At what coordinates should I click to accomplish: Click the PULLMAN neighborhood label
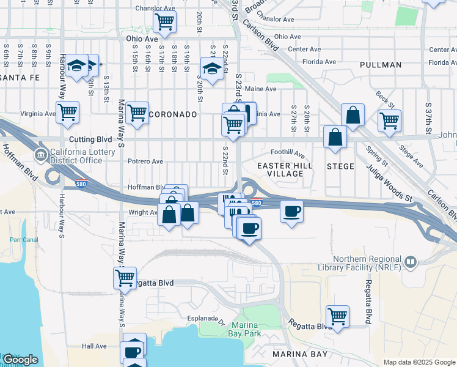click(381, 65)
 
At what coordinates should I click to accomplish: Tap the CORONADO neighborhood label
click(174, 114)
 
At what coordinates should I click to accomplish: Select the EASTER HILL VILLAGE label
click(285, 169)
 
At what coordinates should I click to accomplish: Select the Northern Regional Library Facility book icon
click(410, 262)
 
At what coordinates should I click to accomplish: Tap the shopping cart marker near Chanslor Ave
click(164, 23)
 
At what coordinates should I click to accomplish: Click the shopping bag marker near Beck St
click(353, 114)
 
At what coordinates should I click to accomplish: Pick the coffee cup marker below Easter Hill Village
click(291, 211)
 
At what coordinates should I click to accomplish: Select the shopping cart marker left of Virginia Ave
click(67, 112)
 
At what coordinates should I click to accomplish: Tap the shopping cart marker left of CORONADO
click(137, 113)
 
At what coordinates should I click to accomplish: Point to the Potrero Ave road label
click(145, 161)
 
